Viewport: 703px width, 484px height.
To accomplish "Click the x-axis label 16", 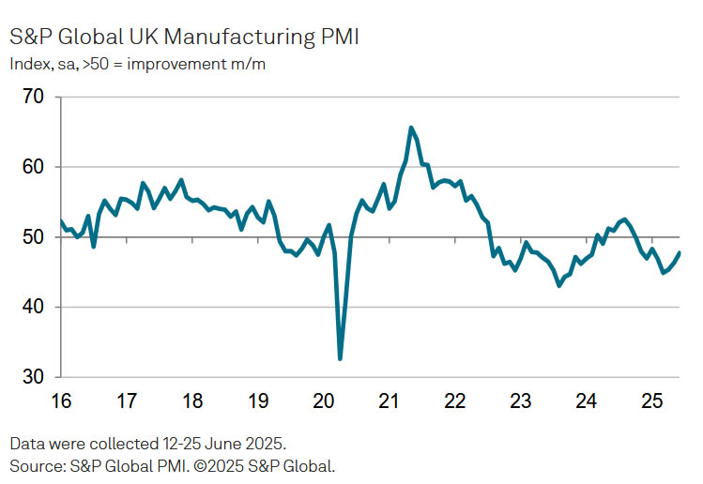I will (61, 402).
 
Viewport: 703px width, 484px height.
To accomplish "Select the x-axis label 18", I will (192, 402).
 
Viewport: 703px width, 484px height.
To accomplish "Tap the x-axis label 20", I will (324, 402).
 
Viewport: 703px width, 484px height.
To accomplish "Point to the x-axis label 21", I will (390, 402).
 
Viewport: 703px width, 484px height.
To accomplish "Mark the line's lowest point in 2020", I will (340, 358).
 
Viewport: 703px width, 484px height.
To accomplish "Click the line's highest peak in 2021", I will (411, 128).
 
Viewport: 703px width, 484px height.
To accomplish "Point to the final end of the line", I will (680, 252).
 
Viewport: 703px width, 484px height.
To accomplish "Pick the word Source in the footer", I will (35, 465).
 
